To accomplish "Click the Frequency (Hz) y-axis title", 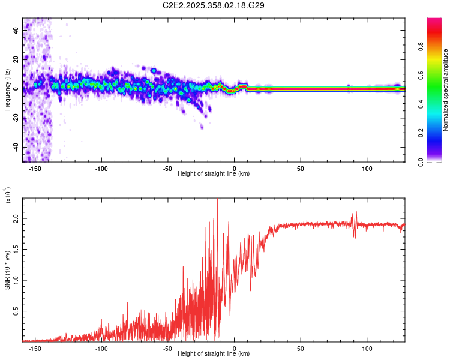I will coord(8,90).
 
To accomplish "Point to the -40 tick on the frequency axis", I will coord(17,147).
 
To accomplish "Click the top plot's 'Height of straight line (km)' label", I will coord(214,173).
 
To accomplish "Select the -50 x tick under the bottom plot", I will coord(168,348).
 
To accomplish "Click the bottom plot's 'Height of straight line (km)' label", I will coord(214,354).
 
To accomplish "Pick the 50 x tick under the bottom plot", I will coord(301,348).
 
